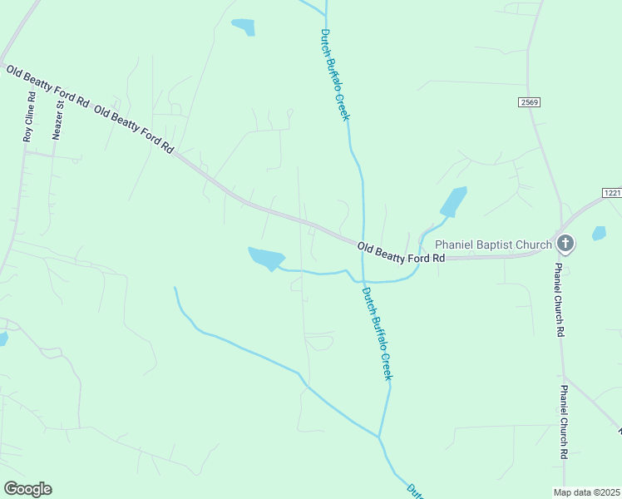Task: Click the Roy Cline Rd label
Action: pyautogui.click(x=29, y=116)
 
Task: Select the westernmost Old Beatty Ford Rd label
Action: pyautogui.click(x=47, y=86)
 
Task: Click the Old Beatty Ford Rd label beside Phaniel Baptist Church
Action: pyautogui.click(x=402, y=253)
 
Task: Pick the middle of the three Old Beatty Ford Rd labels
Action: pyautogui.click(x=134, y=130)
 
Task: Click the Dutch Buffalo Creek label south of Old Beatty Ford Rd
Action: pyautogui.click(x=377, y=333)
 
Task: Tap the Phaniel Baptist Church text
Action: pyautogui.click(x=494, y=245)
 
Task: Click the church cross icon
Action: pyautogui.click(x=565, y=244)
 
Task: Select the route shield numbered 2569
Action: pyautogui.click(x=529, y=101)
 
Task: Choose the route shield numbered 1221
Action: pyautogui.click(x=612, y=193)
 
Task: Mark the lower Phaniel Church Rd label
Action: pyautogui.click(x=565, y=422)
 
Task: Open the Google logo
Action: pyautogui.click(x=27, y=489)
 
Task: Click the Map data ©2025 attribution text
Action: pyautogui.click(x=585, y=492)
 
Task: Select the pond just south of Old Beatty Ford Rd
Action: pyautogui.click(x=267, y=259)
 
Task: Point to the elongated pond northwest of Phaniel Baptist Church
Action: pyautogui.click(x=453, y=201)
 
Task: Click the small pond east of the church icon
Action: pyautogui.click(x=599, y=234)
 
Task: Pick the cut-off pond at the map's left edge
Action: pyautogui.click(x=2, y=338)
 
